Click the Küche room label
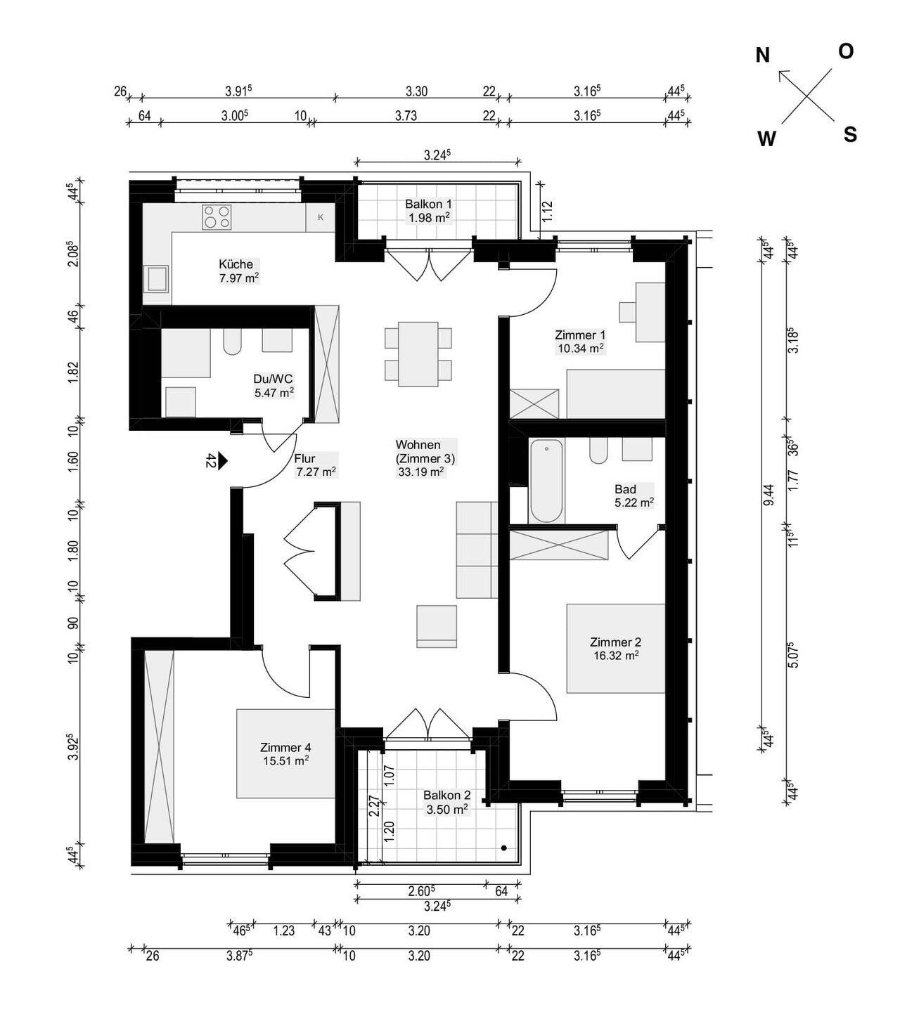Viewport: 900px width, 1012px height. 236,264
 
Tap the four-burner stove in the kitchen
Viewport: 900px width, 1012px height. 217,217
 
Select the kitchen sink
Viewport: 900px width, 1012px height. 156,279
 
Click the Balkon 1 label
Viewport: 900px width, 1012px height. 428,204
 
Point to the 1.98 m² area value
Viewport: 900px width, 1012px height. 429,218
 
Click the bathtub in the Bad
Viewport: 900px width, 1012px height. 546,481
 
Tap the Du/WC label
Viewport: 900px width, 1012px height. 273,379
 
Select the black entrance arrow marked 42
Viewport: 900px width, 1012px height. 222,460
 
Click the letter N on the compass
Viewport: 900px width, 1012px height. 762,56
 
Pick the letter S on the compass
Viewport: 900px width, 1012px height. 850,135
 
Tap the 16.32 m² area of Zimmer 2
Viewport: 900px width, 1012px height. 616,656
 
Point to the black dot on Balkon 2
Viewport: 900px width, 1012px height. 503,848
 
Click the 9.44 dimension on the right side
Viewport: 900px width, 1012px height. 769,495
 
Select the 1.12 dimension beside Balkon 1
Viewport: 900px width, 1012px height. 547,212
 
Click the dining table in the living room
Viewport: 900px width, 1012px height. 418,354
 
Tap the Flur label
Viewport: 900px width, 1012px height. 304,458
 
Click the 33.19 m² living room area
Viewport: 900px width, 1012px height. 420,472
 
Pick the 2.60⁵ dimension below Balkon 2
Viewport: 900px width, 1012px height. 421,890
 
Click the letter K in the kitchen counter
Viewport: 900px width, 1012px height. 321,217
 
